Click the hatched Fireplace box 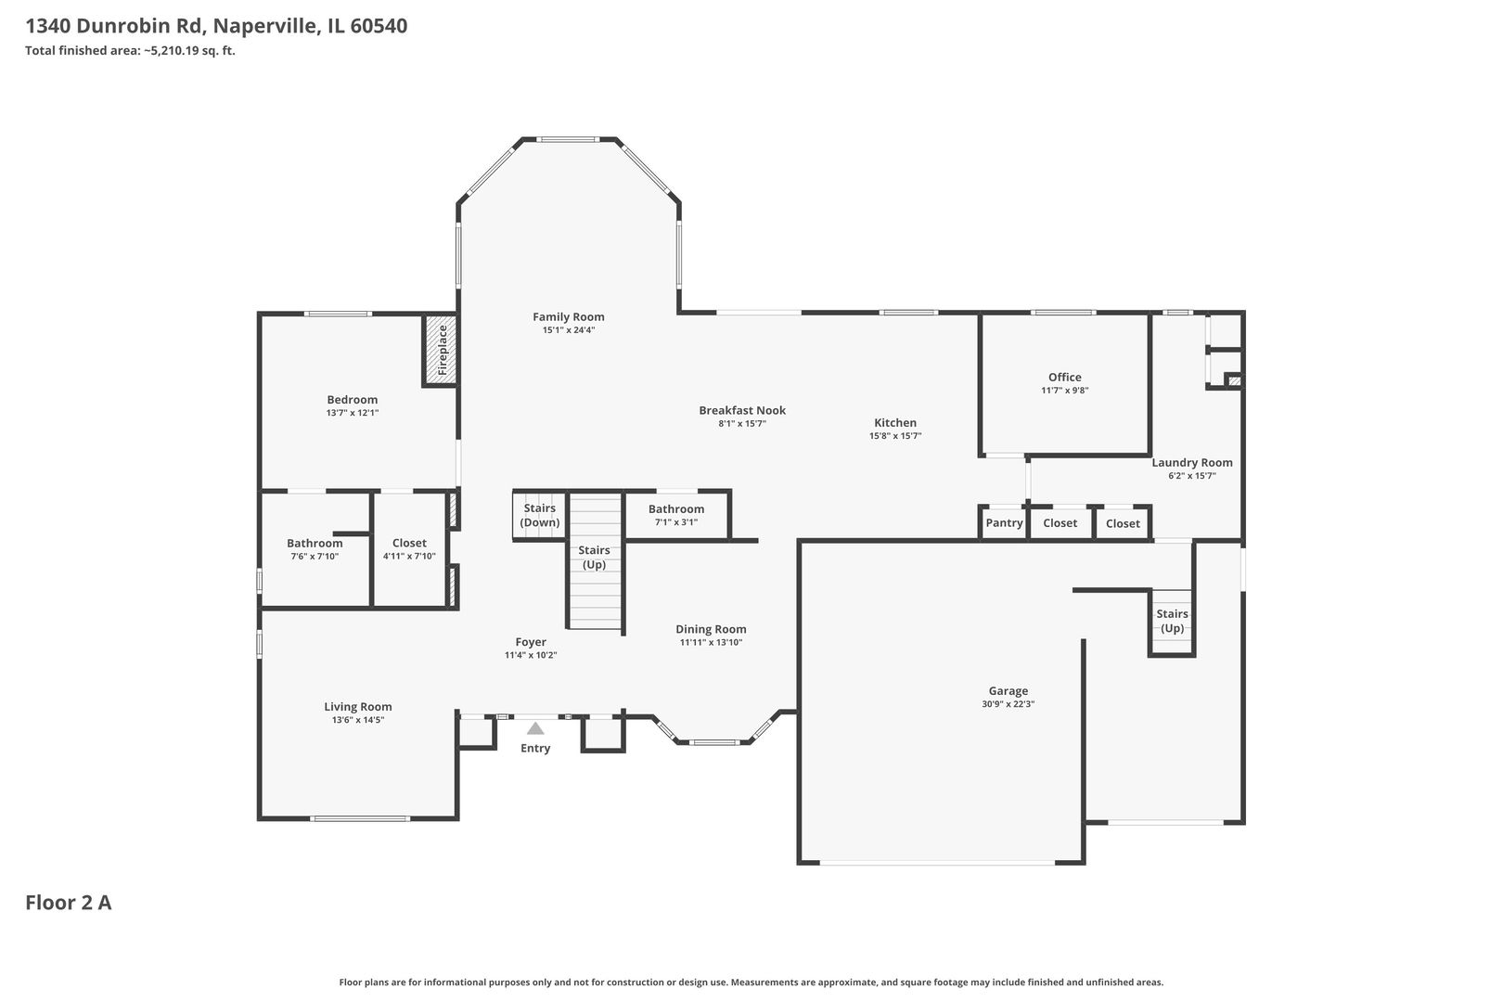tap(441, 351)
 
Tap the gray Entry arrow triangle tap(535, 728)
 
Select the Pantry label tap(1005, 523)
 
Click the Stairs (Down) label tap(539, 516)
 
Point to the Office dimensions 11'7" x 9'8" tap(1065, 391)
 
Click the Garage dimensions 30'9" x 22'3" tap(1008, 704)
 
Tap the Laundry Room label tap(1192, 462)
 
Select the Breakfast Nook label tap(742, 410)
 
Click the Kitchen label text tap(895, 423)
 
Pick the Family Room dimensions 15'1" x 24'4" tap(569, 330)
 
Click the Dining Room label tap(711, 629)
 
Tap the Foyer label tap(531, 642)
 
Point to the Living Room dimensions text tap(358, 720)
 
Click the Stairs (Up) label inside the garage tap(1172, 621)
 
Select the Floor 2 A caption tap(69, 903)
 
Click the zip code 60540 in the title tap(379, 26)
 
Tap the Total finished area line tap(130, 50)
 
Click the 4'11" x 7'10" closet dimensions tap(409, 557)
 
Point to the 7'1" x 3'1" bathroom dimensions tap(676, 522)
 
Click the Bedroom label tap(353, 399)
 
